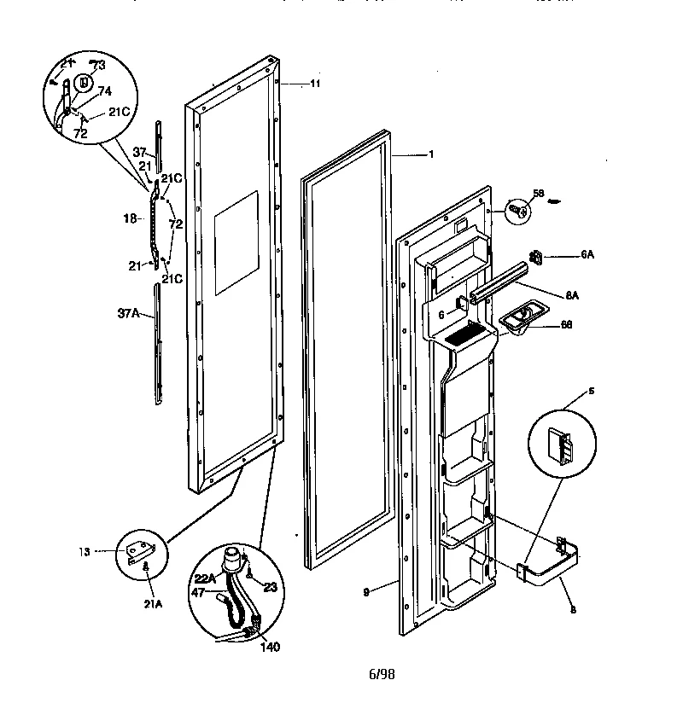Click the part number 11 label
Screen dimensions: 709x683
click(291, 84)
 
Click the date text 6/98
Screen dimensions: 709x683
click(381, 674)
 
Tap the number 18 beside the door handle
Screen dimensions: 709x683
click(130, 219)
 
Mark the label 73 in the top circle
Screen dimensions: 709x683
click(98, 66)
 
